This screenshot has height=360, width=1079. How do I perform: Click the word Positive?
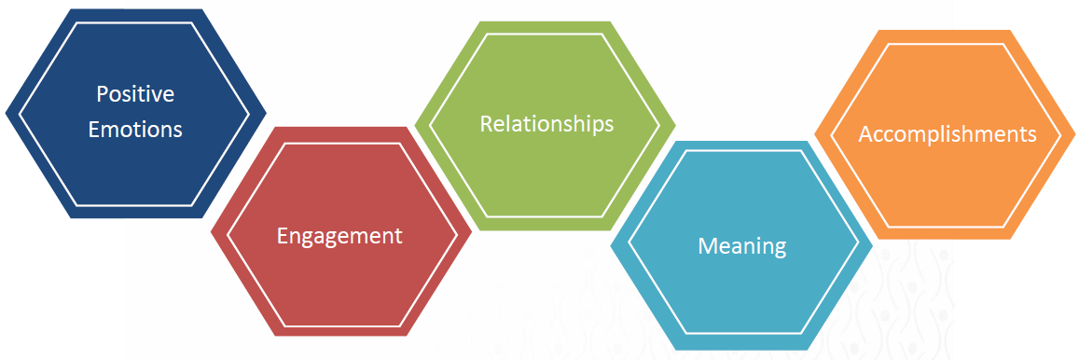click(x=135, y=94)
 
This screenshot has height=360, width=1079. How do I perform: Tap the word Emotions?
click(x=135, y=129)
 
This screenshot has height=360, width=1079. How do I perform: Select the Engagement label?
click(x=339, y=236)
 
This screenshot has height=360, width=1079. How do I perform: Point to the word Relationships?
click(x=546, y=123)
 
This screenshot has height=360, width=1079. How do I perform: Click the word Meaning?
click(x=742, y=246)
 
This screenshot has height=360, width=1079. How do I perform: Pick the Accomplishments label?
click(x=947, y=134)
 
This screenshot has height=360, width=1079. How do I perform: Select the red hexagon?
click(x=340, y=289)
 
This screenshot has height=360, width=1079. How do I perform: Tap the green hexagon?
click(x=546, y=177)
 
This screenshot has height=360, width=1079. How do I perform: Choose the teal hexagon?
click(x=742, y=298)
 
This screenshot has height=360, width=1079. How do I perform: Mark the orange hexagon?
click(x=947, y=187)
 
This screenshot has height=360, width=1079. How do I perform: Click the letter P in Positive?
click(x=102, y=94)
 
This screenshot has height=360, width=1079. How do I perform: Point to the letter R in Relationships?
click(x=485, y=123)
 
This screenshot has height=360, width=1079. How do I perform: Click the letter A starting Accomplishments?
click(x=865, y=134)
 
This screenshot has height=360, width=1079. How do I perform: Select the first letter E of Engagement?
click(x=283, y=236)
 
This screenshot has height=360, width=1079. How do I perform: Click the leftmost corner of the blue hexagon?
click(x=6, y=114)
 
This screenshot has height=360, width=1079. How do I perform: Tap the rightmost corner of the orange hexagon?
click(x=1077, y=134)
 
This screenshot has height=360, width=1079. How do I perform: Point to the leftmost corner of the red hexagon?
click(x=211, y=230)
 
